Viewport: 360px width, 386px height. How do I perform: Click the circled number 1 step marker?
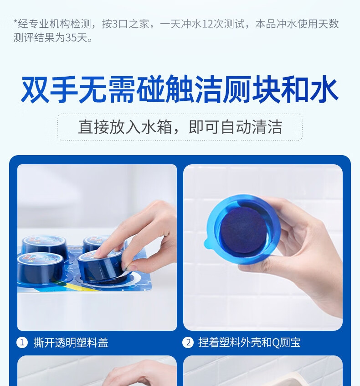click(x=22, y=343)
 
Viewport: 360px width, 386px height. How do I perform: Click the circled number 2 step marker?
click(x=188, y=343)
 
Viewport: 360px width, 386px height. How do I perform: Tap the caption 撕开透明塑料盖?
click(x=71, y=343)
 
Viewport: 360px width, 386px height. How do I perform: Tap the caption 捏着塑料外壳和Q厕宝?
click(x=249, y=343)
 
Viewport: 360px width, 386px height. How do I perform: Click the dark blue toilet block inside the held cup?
click(x=243, y=232)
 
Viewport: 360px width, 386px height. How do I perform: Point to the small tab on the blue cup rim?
click(x=207, y=244)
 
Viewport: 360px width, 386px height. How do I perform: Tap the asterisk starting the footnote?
click(x=15, y=23)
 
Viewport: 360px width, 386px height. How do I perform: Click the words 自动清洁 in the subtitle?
click(x=251, y=127)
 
